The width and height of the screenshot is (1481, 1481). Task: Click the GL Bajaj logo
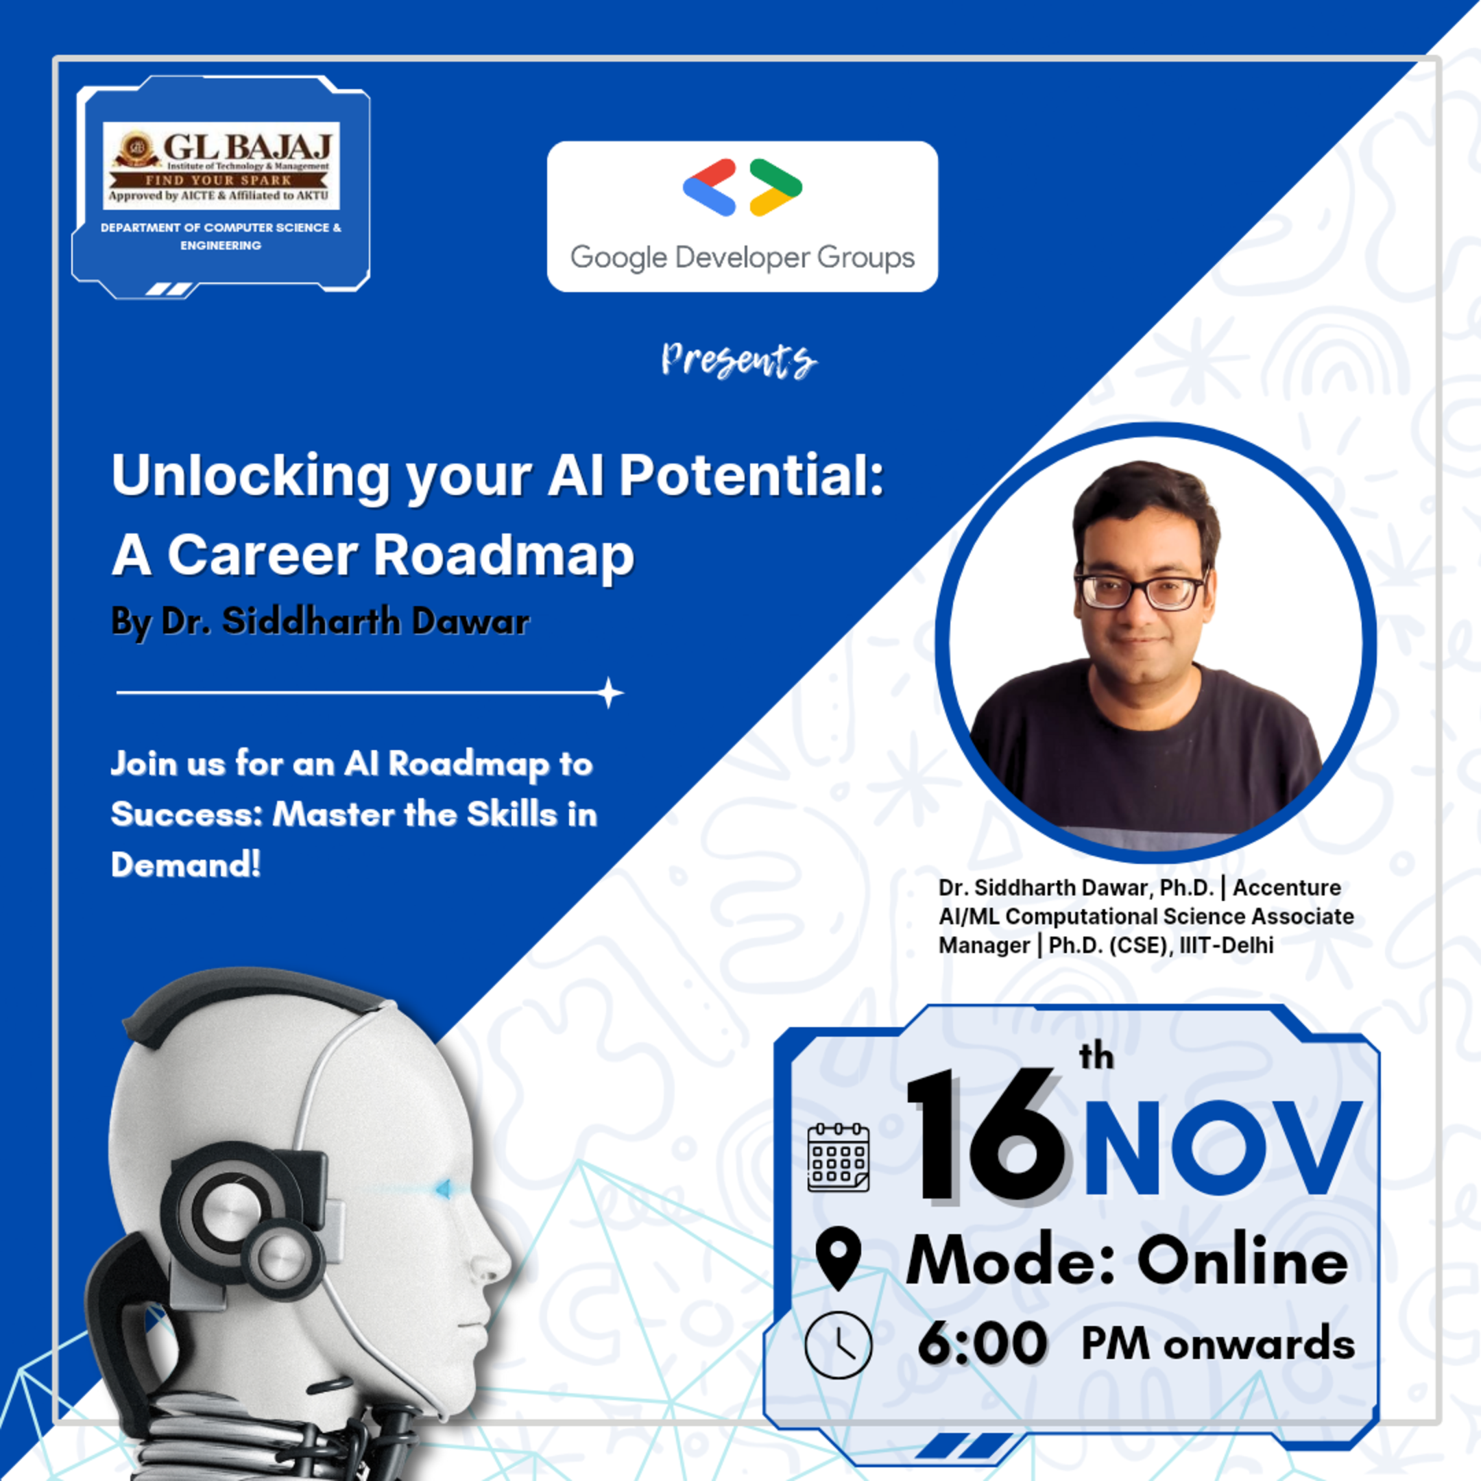coord(221,164)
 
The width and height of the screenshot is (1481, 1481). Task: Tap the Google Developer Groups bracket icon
coord(742,187)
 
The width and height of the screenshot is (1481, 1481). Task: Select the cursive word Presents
coord(739,360)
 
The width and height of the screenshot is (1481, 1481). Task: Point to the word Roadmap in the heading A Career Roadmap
coord(504,555)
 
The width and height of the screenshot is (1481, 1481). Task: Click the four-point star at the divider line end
coord(610,693)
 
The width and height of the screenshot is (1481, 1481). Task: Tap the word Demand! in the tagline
coord(186,865)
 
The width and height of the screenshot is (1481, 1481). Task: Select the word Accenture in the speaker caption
coord(1287,888)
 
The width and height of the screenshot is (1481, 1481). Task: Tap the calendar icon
coord(839,1157)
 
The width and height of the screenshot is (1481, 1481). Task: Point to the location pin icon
coord(839,1259)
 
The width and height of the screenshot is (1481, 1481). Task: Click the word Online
coord(1242,1261)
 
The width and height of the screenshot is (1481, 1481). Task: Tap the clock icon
coord(839,1345)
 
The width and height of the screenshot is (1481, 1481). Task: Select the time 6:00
coord(982,1344)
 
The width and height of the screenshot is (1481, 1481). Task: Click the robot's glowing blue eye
coord(442,1189)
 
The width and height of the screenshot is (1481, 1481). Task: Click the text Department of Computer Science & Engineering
coord(221,236)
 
